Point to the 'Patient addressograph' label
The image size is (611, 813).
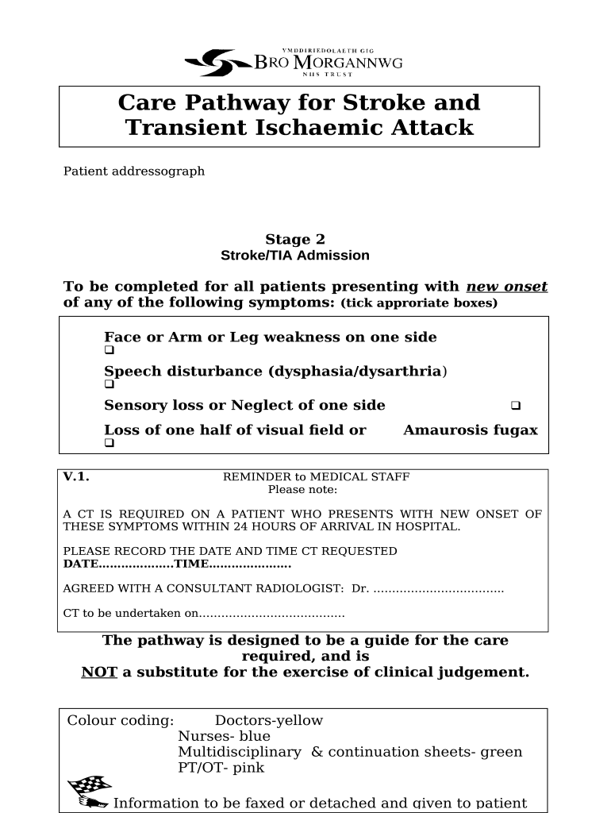coord(134,171)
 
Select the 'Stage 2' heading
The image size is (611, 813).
coord(294,240)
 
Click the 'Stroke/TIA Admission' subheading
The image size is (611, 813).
coord(294,256)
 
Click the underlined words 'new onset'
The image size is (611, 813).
coord(506,287)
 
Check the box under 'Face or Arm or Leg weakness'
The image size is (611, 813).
coord(110,350)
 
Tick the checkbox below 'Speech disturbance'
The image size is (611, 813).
coord(110,384)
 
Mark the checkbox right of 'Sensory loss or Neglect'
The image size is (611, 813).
coord(515,406)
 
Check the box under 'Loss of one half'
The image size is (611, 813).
coord(110,444)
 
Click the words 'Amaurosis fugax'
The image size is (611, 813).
coord(470,430)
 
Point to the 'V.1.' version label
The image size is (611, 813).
coord(76,477)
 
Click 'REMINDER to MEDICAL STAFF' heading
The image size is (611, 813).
coord(316,477)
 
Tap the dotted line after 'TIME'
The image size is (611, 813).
coord(249,564)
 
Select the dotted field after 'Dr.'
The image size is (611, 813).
coord(438,589)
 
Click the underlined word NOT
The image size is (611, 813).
coord(99,672)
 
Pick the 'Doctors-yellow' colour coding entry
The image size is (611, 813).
coord(269,721)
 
